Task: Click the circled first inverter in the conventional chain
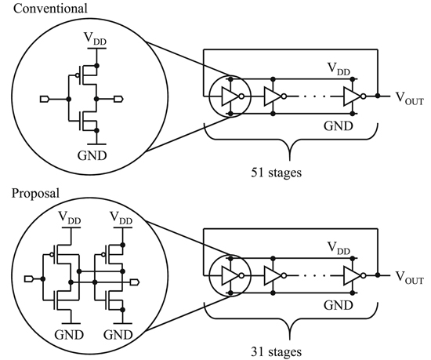tap(228, 96)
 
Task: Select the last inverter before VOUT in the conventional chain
tap(353, 96)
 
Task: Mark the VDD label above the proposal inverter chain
tap(339, 250)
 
